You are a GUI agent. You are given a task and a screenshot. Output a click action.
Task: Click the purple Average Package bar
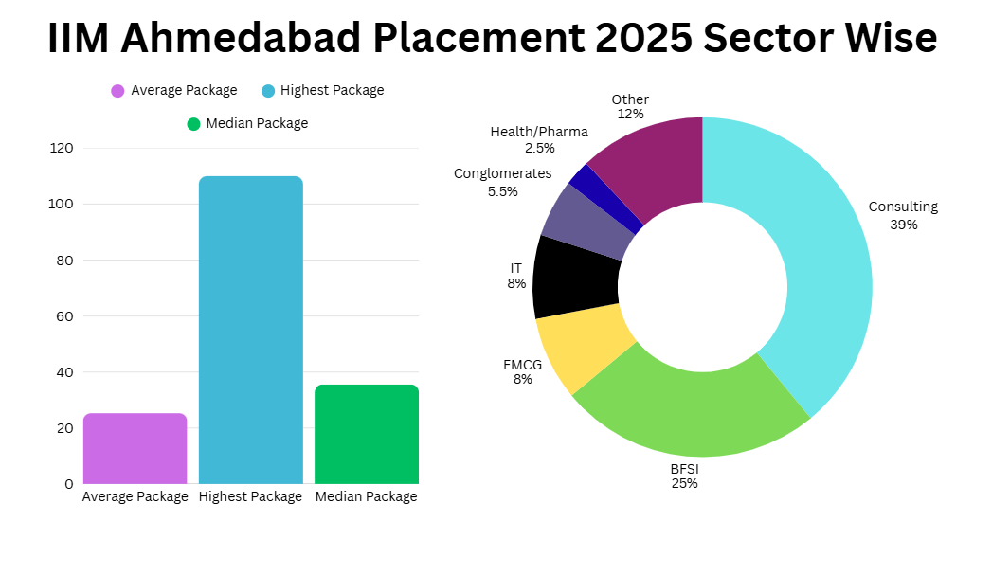pyautogui.click(x=135, y=448)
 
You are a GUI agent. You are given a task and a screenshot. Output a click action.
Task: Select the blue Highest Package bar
pyautogui.click(x=250, y=330)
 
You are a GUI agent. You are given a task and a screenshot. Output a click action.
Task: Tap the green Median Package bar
pyautogui.click(x=367, y=435)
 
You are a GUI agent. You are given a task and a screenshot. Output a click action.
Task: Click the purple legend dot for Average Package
pyautogui.click(x=117, y=91)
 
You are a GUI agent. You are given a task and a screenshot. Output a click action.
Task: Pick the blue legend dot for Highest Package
pyautogui.click(x=268, y=91)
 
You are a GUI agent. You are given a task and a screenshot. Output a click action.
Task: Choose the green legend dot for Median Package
pyautogui.click(x=193, y=124)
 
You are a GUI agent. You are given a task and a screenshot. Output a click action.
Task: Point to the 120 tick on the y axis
pyautogui.click(x=62, y=148)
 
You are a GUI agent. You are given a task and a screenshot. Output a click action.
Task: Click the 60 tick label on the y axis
pyautogui.click(x=64, y=316)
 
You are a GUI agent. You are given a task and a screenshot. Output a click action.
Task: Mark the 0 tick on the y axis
pyautogui.click(x=69, y=484)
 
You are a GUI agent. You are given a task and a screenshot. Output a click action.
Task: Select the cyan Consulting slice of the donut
pyautogui.click(x=822, y=265)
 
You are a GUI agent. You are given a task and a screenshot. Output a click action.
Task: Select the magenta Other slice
pyautogui.click(x=658, y=165)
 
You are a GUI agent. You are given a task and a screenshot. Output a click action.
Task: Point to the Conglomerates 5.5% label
pyautogui.click(x=503, y=182)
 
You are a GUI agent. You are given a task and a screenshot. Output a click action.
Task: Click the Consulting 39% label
pyautogui.click(x=904, y=216)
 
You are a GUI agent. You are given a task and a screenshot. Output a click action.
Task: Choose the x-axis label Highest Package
pyautogui.click(x=250, y=497)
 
